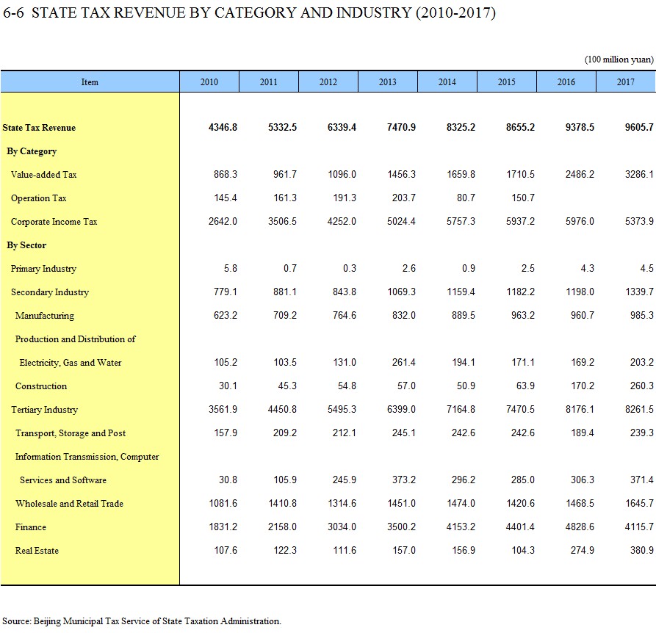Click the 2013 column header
387,82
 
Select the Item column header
90,82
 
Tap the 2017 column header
625,82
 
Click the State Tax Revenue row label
39,128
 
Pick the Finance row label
31,527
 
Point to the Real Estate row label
37,551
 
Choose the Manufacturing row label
45,316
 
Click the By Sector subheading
26,245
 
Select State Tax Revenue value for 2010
223,127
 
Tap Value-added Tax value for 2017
639,174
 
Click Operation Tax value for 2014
466,198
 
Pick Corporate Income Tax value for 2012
342,221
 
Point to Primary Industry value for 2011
290,268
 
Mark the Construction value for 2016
583,386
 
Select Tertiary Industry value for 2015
520,409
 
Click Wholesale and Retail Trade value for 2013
401,503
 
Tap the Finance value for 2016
580,527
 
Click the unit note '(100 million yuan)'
619,59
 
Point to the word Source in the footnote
16,621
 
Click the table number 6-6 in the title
13,12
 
